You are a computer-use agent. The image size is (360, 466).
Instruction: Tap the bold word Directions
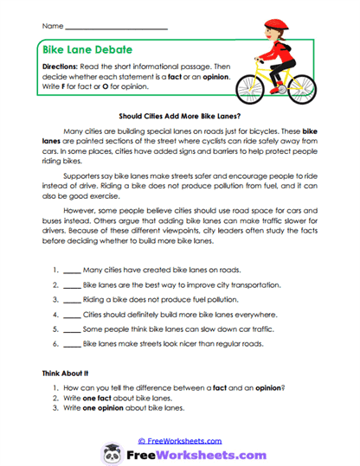coord(64,67)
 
